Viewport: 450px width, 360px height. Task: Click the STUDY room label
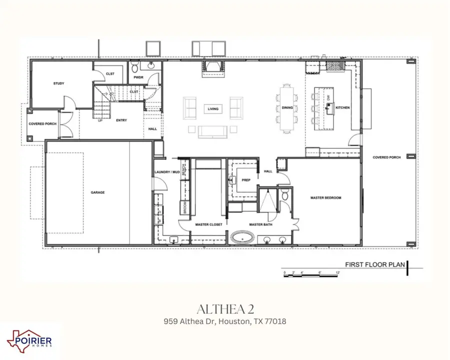pos(58,83)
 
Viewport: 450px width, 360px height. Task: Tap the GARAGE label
pos(97,192)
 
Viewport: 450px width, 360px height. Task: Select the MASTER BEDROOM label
pos(324,198)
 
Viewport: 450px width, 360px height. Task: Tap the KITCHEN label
pos(342,107)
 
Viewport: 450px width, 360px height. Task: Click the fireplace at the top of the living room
pos(212,67)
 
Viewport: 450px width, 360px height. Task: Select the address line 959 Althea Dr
pos(225,321)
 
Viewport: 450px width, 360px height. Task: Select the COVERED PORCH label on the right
pos(386,157)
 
